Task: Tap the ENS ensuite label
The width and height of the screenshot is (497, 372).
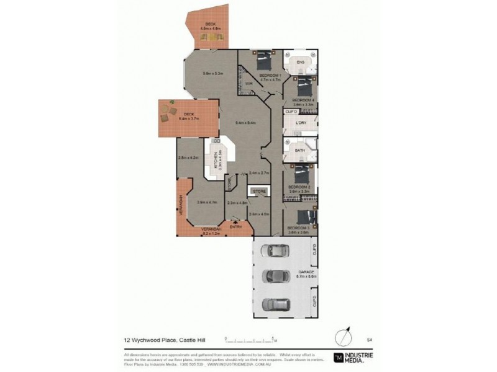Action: (300, 62)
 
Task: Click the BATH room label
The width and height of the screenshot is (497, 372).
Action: (299, 150)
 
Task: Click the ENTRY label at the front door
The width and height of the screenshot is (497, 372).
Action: (235, 228)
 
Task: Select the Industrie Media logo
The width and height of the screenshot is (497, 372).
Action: (355, 357)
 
